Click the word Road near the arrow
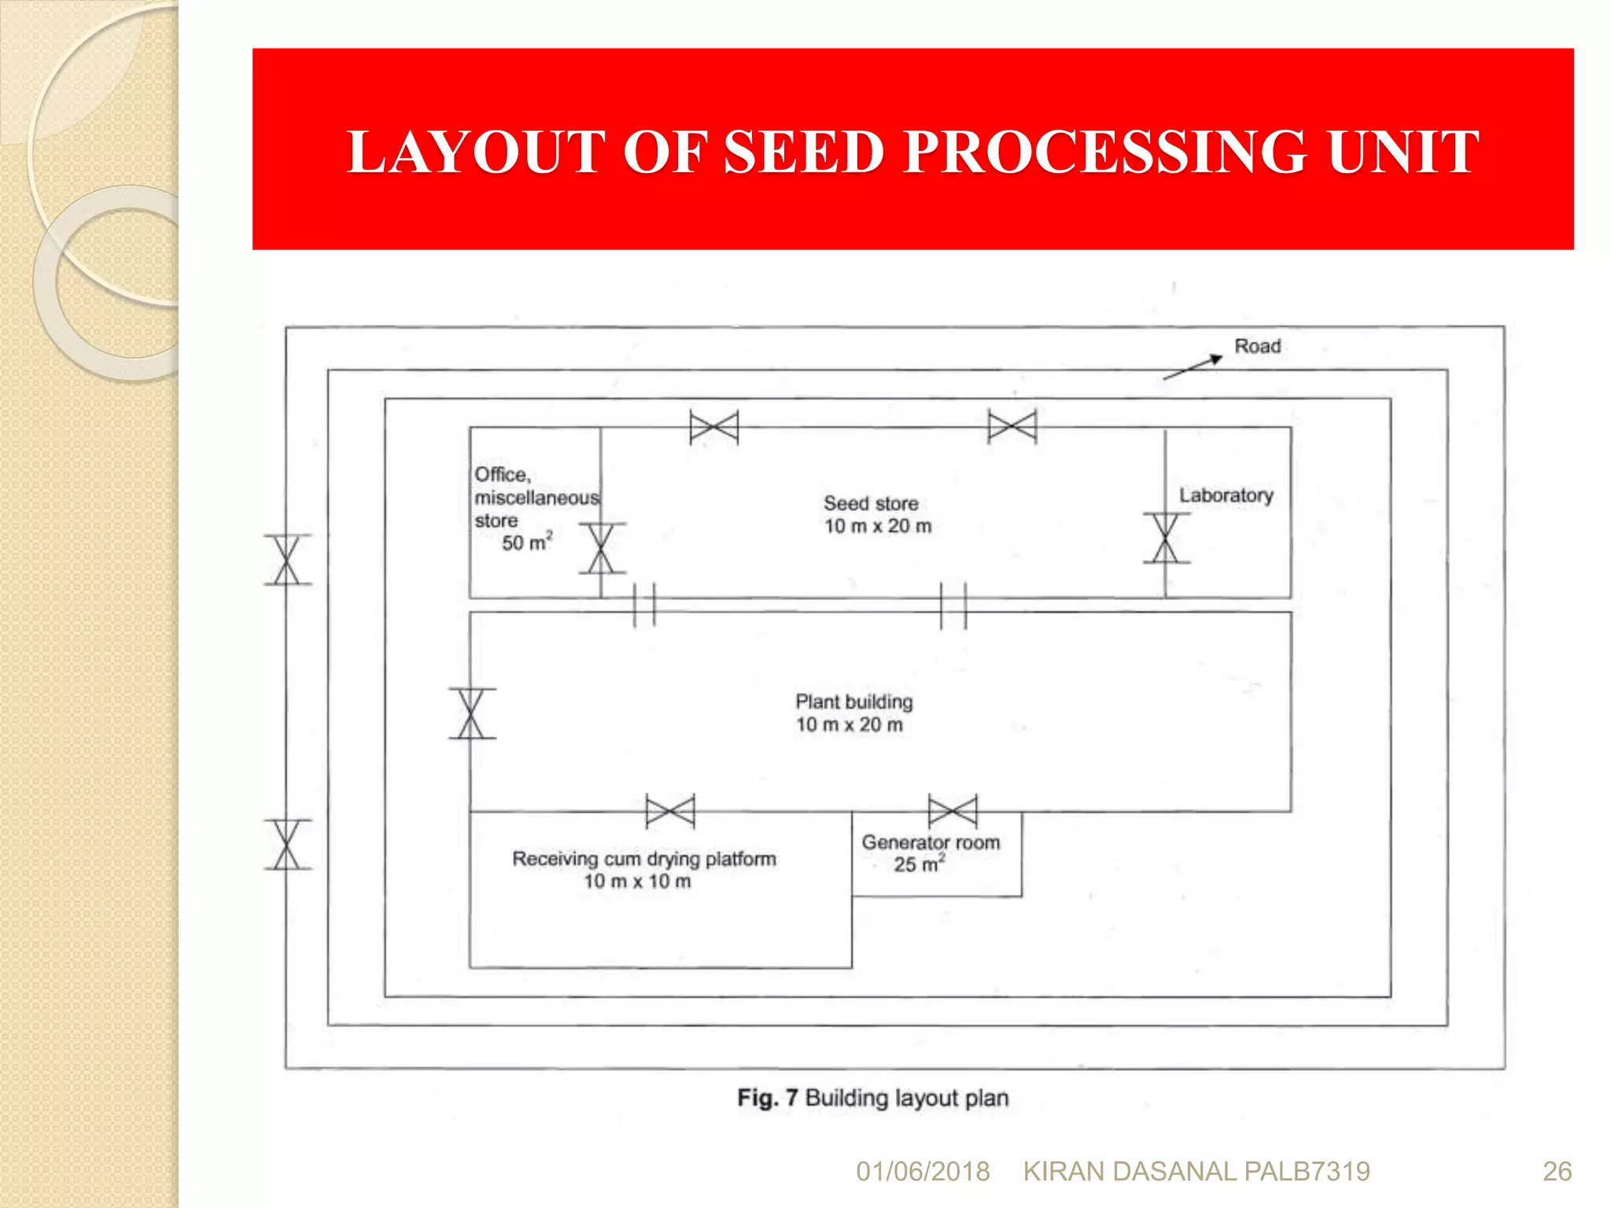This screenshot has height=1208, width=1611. pos(1257,346)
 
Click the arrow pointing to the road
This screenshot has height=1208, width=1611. pos(1193,367)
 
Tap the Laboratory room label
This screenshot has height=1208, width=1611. pos(1226,495)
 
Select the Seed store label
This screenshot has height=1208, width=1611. pos(871,503)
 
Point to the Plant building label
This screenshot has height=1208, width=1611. pos(853,702)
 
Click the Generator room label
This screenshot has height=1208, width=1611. pos(931,842)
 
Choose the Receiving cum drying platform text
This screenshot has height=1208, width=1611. pos(643,859)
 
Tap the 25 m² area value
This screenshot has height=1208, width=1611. pos(918,864)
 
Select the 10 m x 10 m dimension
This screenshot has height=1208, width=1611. pos(637,882)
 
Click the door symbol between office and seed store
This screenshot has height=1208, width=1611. pos(602,548)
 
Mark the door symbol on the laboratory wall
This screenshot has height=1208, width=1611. pos(1166,538)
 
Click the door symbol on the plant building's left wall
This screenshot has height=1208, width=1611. pos(471,713)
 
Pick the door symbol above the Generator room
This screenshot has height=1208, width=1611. pos(953,811)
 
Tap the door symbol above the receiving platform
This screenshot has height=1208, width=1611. pos(670,811)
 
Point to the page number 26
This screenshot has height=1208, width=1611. pos(1557,1172)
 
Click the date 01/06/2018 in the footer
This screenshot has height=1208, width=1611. pos(923,1172)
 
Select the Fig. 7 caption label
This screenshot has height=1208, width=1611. pos(768,1098)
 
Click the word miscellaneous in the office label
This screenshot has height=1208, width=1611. pos(536,498)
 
